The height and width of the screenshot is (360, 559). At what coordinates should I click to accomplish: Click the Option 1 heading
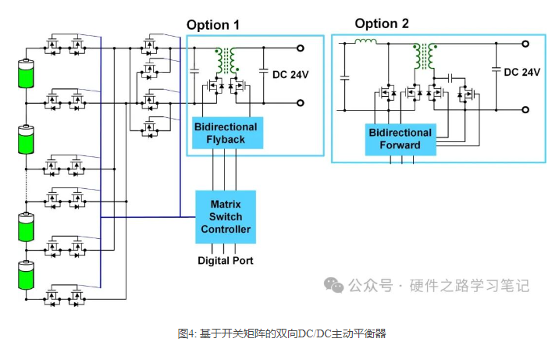pos(212,25)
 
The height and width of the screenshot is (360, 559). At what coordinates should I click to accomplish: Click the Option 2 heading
pos(382,23)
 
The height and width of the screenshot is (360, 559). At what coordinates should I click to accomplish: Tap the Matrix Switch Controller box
pos(226,217)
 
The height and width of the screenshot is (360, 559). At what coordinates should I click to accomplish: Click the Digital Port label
pos(225,260)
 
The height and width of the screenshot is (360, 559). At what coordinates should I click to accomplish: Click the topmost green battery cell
pos(27,75)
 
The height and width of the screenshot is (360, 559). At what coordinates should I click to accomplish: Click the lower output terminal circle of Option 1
pos(301,102)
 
